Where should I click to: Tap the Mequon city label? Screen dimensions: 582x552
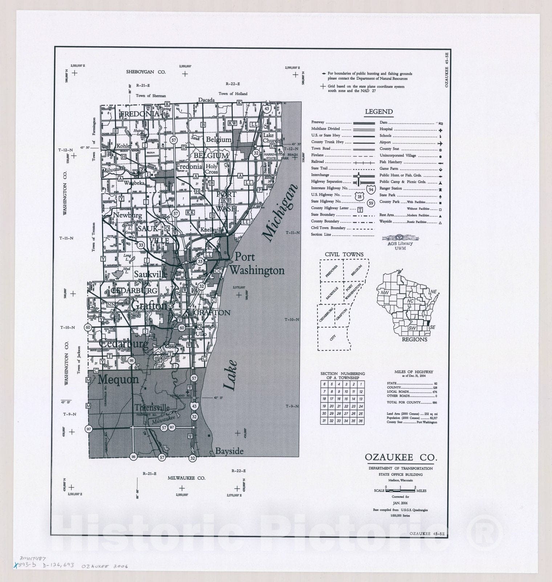[x=118, y=380]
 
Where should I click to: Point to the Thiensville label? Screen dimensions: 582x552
[x=152, y=408]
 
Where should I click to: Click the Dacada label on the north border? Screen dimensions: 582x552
[x=206, y=100]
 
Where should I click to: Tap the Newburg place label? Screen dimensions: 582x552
[x=127, y=215]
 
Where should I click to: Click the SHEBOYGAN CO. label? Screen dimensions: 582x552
[x=146, y=72]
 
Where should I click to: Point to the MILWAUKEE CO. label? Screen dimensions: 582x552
[x=186, y=478]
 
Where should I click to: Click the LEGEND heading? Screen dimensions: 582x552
[x=379, y=112]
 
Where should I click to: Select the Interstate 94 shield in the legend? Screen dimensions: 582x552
[x=371, y=189]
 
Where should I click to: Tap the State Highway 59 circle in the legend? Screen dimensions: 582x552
[x=371, y=203]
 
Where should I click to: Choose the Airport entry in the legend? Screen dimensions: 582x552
[x=385, y=142]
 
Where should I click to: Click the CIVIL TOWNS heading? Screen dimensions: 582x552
[x=344, y=254]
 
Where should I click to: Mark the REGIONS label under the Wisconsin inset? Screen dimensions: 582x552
[x=414, y=339]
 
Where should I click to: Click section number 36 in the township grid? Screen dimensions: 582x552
[x=361, y=421]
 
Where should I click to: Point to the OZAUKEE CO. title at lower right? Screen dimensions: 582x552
[x=401, y=457]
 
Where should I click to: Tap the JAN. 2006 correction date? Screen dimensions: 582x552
[x=401, y=503]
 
